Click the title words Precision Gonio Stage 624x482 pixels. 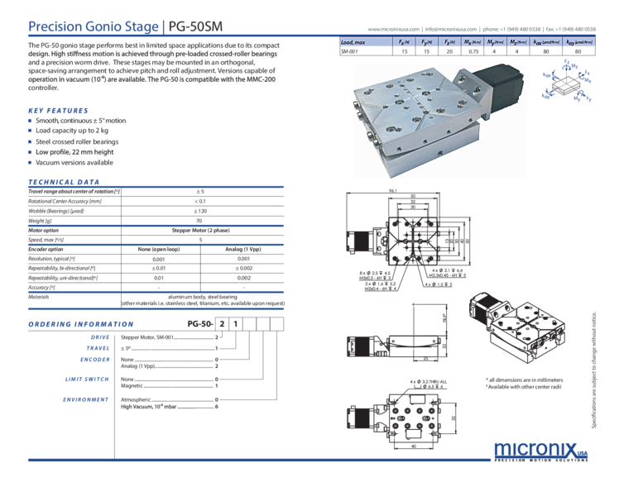click(x=88, y=26)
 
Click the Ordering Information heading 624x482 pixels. click(x=81, y=324)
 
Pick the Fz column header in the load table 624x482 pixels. click(x=449, y=40)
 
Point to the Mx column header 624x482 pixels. click(x=473, y=40)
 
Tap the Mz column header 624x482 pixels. click(x=515, y=40)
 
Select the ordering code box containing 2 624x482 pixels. click(x=222, y=324)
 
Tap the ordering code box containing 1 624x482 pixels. click(x=235, y=324)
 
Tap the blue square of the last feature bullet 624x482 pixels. click(x=31, y=163)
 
